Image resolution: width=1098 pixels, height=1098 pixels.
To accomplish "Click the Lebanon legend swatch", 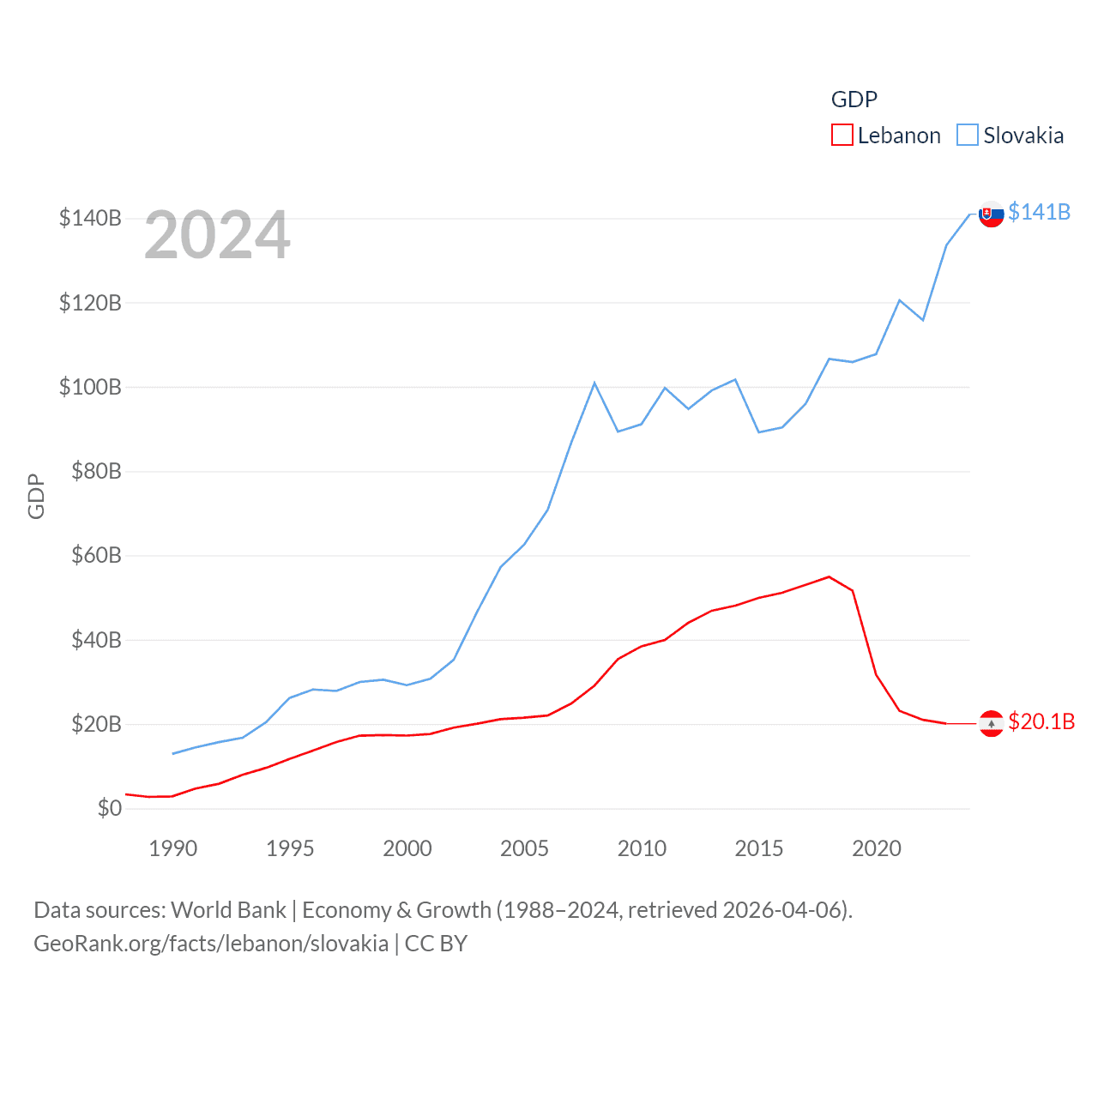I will (842, 136).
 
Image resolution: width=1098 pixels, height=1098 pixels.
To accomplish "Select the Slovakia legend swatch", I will (967, 136).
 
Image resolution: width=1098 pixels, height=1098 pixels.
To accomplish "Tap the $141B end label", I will (1039, 212).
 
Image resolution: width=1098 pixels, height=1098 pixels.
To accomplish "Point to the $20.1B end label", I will (1041, 721).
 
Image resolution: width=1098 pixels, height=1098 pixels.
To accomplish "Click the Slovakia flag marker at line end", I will (991, 214).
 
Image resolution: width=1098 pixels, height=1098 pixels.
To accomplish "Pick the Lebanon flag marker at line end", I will (991, 724).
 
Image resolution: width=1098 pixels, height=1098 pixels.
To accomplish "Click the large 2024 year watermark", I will (217, 235).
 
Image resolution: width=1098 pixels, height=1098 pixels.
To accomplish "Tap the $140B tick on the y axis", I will (90, 218).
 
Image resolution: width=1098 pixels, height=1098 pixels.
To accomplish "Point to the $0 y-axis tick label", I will (109, 808).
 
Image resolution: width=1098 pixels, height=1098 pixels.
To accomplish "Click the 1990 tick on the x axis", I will (172, 848).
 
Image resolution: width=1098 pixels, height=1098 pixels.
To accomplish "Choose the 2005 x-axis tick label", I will (524, 848).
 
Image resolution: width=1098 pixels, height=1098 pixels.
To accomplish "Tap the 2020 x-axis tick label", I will (876, 848).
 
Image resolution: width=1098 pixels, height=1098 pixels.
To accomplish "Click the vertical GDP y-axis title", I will (36, 496).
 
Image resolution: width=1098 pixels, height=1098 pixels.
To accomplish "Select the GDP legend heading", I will (854, 100).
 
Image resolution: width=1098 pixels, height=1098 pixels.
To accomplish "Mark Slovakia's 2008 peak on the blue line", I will (594, 383).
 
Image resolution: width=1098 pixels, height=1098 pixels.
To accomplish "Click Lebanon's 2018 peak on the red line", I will (829, 576).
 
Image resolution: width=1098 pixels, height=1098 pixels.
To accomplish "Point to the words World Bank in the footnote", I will (228, 909).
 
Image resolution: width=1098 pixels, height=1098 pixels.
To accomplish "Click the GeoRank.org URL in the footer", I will (211, 944).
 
